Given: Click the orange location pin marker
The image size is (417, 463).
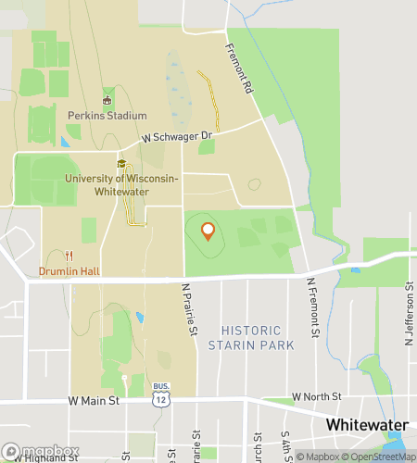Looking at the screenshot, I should pyautogui.click(x=208, y=231).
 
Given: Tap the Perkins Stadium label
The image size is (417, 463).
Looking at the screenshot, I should pyautogui.click(x=107, y=116).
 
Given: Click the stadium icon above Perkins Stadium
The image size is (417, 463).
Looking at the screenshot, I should pyautogui.click(x=107, y=100).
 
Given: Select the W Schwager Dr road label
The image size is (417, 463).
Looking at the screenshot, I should pyautogui.click(x=177, y=136).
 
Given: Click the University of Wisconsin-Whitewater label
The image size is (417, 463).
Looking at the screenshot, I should pyautogui.click(x=120, y=184).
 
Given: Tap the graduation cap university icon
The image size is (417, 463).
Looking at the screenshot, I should pyautogui.click(x=120, y=164).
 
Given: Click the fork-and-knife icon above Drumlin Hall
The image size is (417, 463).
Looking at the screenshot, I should pyautogui.click(x=68, y=256).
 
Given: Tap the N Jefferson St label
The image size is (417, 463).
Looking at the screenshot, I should pyautogui.click(x=408, y=319).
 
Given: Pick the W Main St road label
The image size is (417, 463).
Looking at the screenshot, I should pyautogui.click(x=95, y=401).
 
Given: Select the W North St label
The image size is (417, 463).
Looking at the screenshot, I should pyautogui.click(x=316, y=396).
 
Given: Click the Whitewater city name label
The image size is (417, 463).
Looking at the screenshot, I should pyautogui.click(x=368, y=423).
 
